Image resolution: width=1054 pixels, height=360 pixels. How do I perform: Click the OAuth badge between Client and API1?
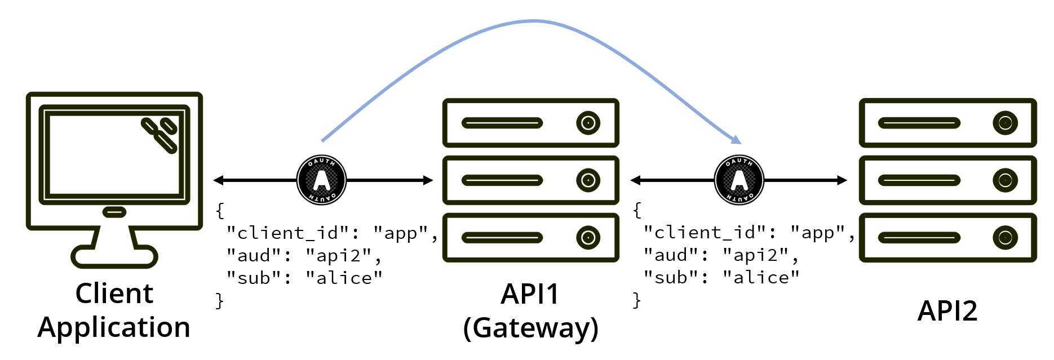coord(321,180)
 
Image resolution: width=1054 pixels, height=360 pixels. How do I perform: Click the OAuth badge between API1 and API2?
coord(738,180)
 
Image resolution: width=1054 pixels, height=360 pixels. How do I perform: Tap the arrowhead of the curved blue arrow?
coord(736,139)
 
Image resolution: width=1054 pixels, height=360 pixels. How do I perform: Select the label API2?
coord(947,311)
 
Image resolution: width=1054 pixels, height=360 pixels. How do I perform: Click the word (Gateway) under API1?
coord(530,328)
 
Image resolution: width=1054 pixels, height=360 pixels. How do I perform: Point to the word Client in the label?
coord(114,294)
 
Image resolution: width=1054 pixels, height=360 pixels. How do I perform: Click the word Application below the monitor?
coord(114,327)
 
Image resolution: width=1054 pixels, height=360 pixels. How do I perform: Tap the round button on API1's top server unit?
coord(588,123)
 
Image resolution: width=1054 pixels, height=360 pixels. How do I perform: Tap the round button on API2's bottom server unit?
coord(1005,237)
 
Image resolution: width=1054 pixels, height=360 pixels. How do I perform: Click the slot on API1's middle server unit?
coord(502,180)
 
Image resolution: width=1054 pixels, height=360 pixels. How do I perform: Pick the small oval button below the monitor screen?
coord(114,212)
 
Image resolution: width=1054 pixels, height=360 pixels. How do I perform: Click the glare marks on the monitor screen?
coord(160,135)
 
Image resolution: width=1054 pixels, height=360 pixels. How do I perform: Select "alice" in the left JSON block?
coord(344,278)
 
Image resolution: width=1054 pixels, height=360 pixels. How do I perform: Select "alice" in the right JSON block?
coord(761,278)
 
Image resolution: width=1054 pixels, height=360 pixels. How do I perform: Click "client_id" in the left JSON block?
coord(287,233)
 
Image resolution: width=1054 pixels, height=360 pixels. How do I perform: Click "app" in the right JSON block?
coord(817,233)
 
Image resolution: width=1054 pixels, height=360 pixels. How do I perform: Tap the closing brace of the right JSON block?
coord(637,300)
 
